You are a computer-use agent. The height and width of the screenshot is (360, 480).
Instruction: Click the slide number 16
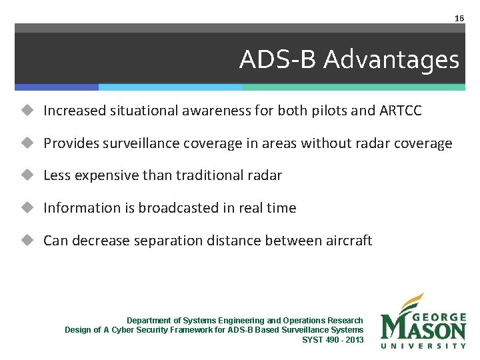tap(459, 19)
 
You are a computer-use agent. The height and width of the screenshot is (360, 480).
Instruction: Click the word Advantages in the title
tap(391, 60)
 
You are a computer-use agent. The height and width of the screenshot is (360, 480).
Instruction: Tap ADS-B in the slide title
tap(279, 60)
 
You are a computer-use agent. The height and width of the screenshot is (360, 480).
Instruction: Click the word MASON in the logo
tap(423, 329)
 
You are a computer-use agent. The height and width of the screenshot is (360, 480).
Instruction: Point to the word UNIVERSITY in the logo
tap(423, 345)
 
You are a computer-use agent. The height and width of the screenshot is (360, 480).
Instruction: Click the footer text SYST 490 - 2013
tap(333, 339)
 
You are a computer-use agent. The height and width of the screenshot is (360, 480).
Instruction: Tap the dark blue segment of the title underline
tap(57, 87)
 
